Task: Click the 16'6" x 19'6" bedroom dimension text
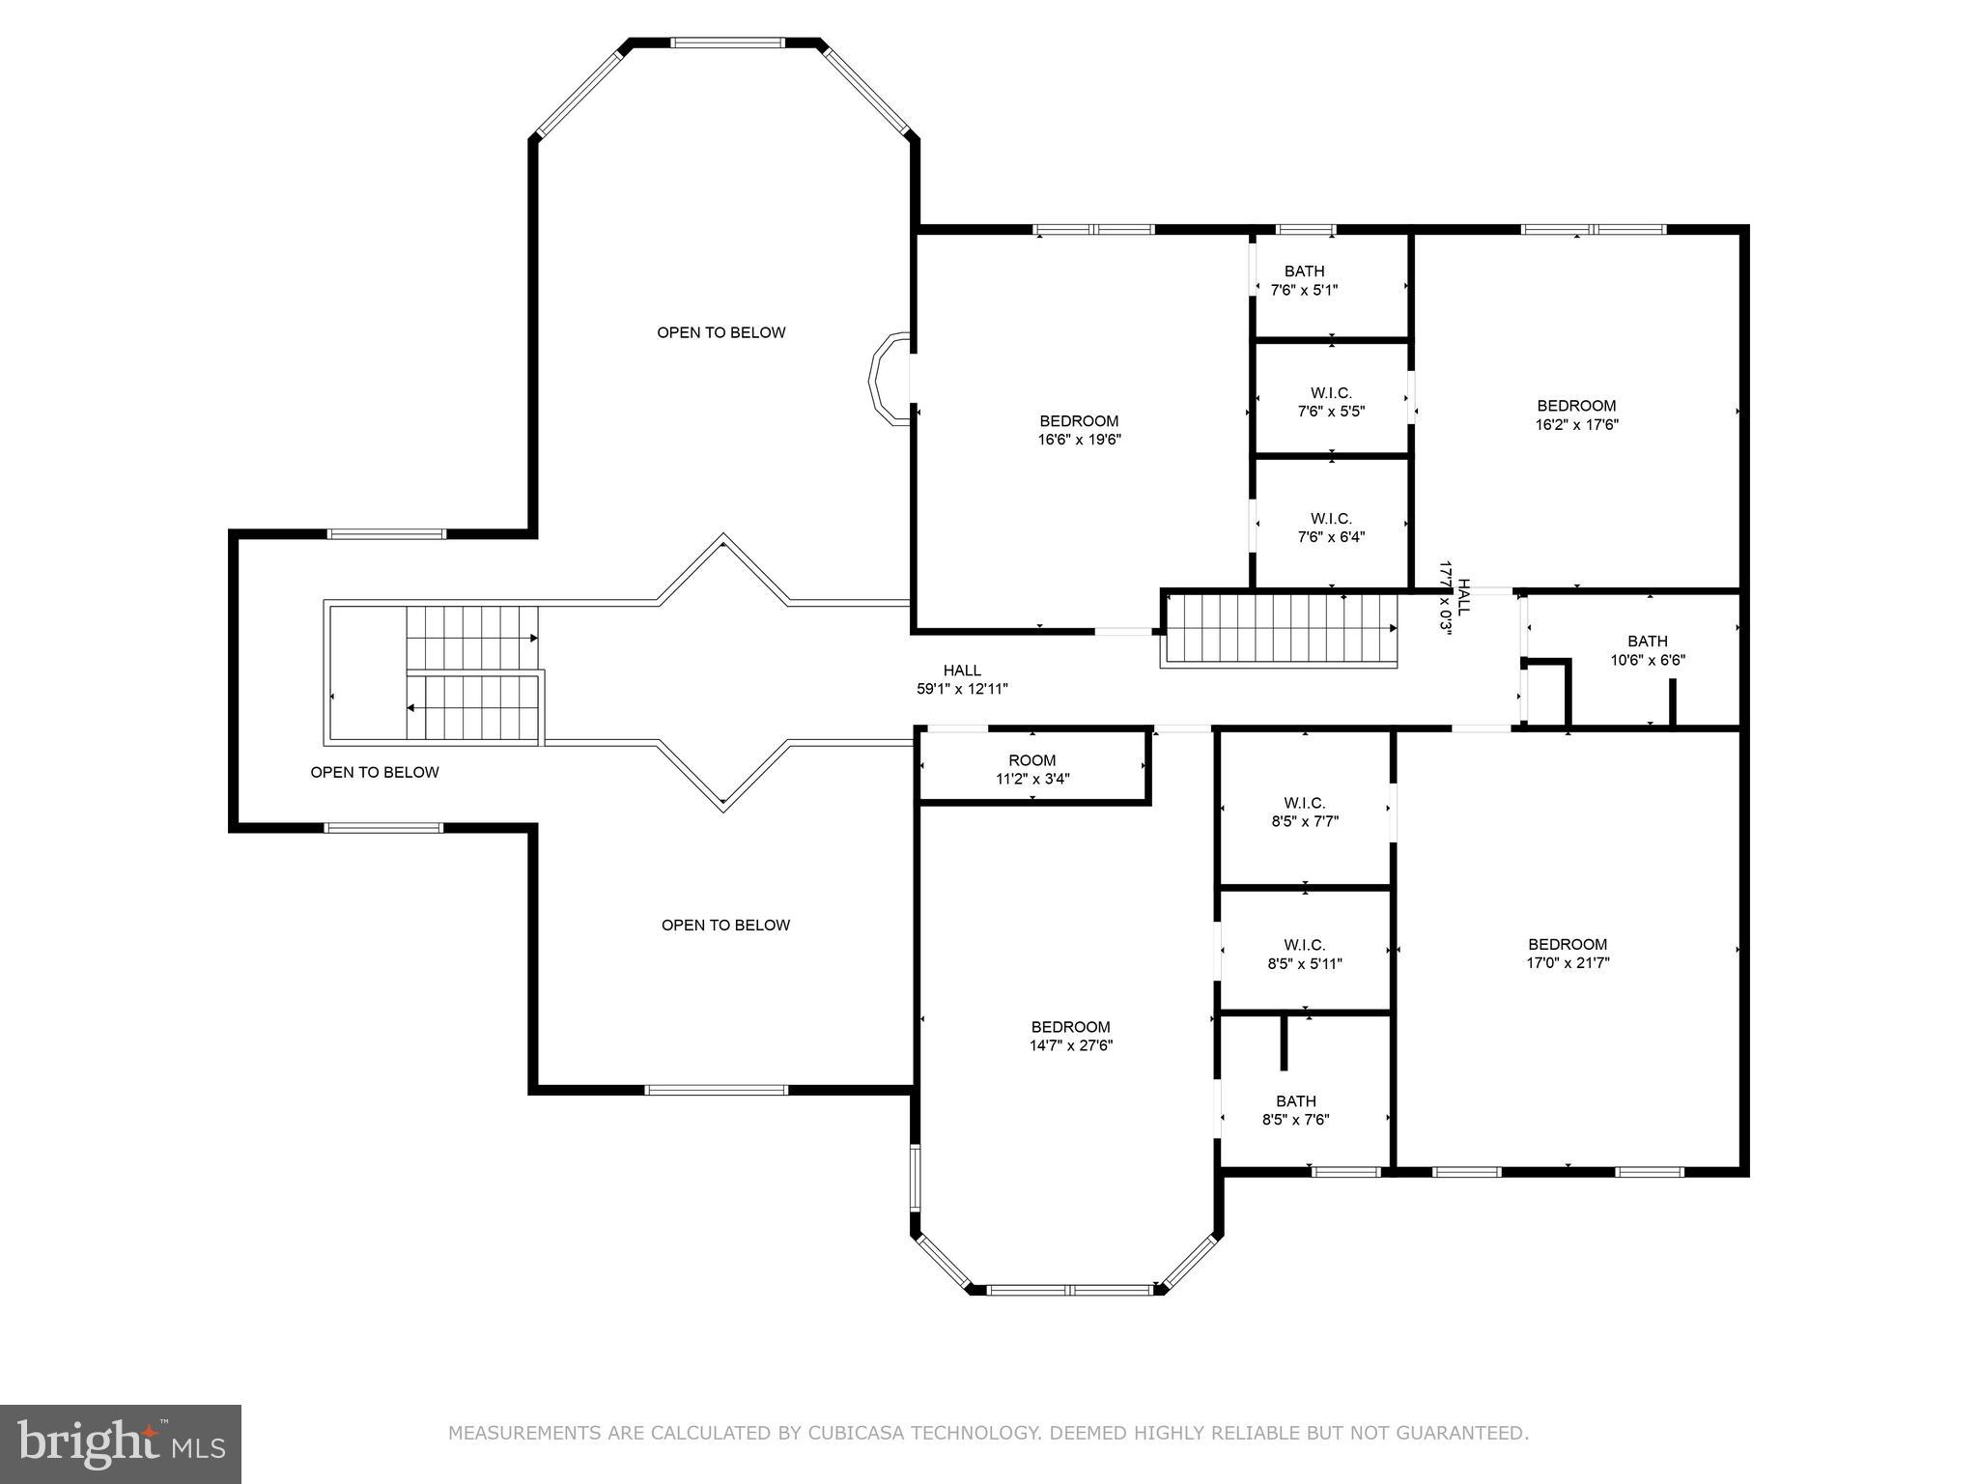tap(1079, 440)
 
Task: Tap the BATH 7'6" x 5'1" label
tap(1304, 280)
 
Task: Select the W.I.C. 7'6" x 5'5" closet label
tap(1331, 402)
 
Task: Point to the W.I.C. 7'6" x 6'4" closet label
tap(1331, 528)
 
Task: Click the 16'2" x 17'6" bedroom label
tap(1576, 414)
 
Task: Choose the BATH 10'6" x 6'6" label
tap(1647, 650)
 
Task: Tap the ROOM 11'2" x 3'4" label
tap(1031, 769)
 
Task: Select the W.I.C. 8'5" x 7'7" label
tap(1304, 812)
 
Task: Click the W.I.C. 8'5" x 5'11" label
tap(1304, 954)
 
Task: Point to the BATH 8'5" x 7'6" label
tap(1295, 1110)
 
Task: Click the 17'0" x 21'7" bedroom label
tap(1568, 953)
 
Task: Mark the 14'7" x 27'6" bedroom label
tap(1070, 1036)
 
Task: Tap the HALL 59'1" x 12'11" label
tap(962, 679)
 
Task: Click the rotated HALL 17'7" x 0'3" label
tap(1455, 597)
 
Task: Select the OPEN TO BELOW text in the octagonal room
tap(721, 332)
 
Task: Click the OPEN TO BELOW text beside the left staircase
tap(375, 772)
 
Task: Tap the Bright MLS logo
tap(121, 1442)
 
